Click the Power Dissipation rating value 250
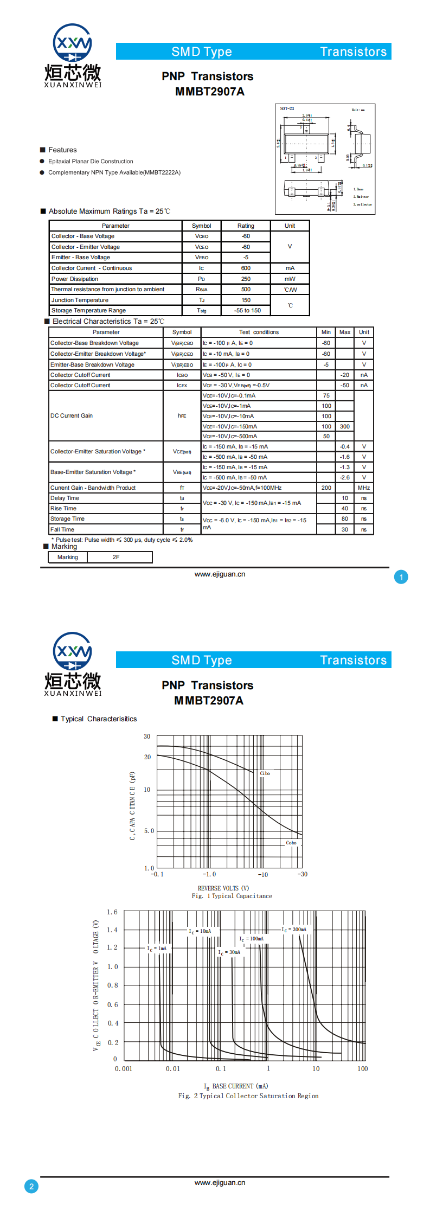[246, 279]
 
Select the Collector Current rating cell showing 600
[246, 268]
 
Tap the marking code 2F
[116, 557]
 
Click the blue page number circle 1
[401, 577]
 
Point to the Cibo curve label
[265, 773]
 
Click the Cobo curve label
[291, 843]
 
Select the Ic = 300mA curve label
[294, 930]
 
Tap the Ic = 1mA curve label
[157, 949]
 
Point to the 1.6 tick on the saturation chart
[112, 912]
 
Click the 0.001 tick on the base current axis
[124, 1069]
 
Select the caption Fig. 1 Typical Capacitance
[232, 896]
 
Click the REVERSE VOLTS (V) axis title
[223, 888]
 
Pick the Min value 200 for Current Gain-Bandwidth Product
[326, 488]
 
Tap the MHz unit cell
[364, 488]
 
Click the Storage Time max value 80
[345, 518]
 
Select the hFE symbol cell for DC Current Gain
[182, 415]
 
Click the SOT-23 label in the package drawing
[287, 108]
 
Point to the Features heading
[62, 150]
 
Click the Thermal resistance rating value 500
[246, 289]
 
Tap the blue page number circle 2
[31, 1187]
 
